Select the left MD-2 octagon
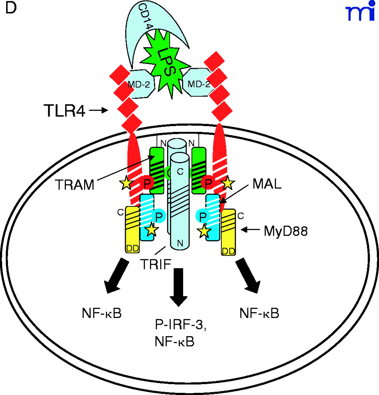point(139,84)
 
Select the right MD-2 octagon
point(198,84)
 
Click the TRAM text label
point(75,185)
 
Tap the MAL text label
point(267,184)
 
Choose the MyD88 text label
point(286,231)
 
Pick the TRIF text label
point(155,264)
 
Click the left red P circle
point(147,183)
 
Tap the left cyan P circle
point(159,217)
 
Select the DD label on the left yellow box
point(133,248)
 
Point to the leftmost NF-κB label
point(102,313)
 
